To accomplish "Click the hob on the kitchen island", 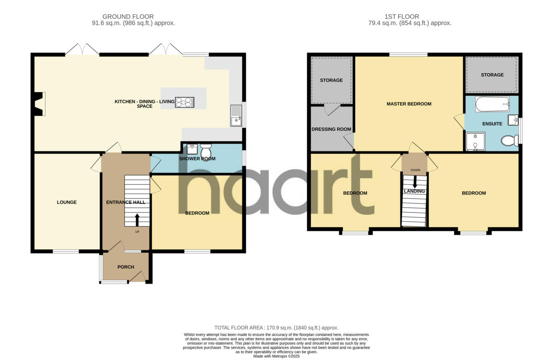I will [x=184, y=102].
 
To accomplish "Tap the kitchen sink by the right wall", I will [x=236, y=116].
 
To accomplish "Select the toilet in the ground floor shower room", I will [x=206, y=150].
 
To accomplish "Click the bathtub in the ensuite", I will [x=492, y=104].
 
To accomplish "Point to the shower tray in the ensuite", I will [x=475, y=142].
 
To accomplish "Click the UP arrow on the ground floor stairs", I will [x=137, y=220].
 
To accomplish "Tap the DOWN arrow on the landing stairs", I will [x=415, y=181].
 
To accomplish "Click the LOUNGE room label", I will [x=67, y=202].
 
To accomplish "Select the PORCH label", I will [x=126, y=267].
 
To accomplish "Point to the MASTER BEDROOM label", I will [x=409, y=104].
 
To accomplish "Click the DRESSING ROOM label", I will [x=331, y=129].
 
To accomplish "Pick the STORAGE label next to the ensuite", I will [x=492, y=75].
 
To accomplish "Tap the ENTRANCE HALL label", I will [x=125, y=202].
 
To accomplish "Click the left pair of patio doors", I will [x=82, y=49].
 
